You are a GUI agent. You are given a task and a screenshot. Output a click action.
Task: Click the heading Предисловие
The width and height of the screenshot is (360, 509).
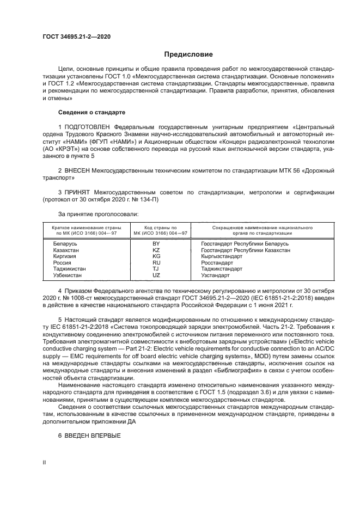coord(189,55)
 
